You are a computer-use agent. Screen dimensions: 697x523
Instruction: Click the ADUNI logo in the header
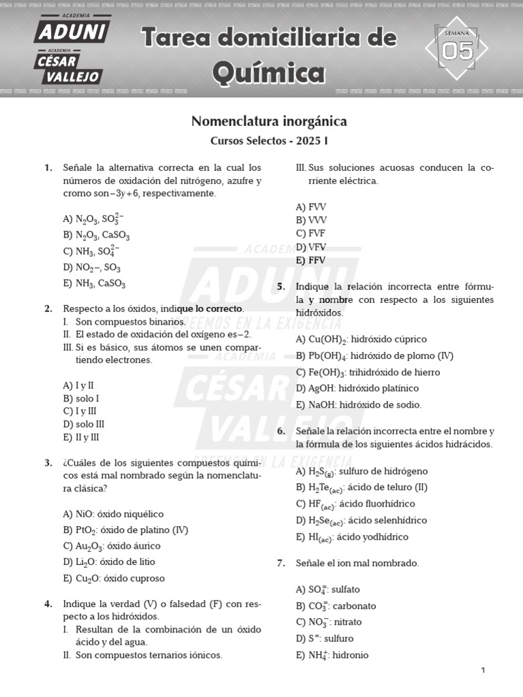72,31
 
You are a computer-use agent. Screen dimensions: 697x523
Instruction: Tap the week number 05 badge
458,50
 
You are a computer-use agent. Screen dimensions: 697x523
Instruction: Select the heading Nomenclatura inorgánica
269,122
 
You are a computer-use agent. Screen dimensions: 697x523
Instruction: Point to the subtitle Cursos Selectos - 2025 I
269,142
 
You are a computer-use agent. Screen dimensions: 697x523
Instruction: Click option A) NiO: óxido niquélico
113,514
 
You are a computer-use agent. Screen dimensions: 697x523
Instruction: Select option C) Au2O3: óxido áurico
112,546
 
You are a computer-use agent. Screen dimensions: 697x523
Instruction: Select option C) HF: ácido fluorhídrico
355,504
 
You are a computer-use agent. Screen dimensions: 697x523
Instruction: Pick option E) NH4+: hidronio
332,655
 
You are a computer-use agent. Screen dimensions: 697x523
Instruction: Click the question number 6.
281,432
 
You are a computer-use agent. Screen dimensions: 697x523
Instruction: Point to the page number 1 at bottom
483,671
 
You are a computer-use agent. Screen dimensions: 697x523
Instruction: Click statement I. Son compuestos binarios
123,321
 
